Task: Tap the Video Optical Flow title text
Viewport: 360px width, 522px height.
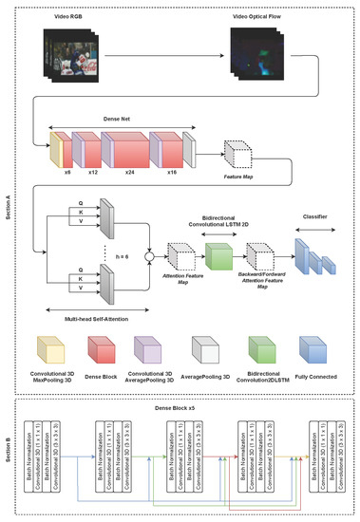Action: tap(256, 16)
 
